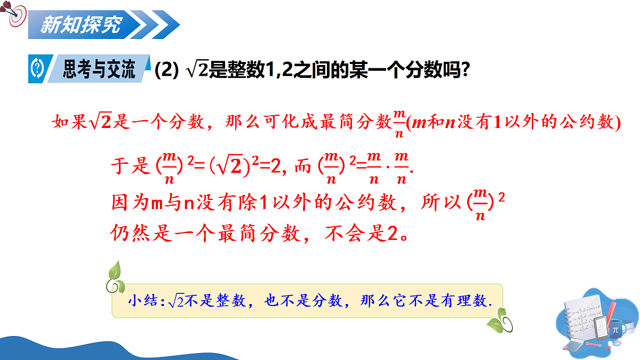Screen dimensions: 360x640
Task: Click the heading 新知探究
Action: point(81,25)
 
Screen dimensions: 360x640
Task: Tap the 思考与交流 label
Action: point(99,69)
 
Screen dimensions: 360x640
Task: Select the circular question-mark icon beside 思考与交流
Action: point(37,69)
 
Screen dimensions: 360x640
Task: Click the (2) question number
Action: point(166,70)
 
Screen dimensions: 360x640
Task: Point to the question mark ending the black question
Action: point(465,70)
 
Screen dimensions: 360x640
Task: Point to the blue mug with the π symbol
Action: point(615,329)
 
